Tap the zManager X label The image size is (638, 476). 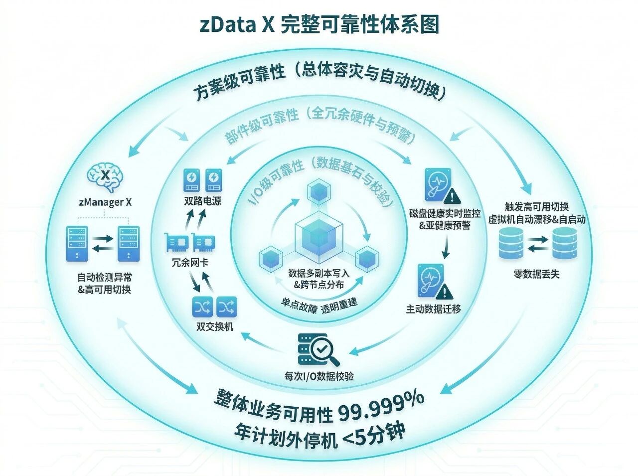point(105,202)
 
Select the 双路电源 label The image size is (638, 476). point(202,201)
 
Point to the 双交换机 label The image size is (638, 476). point(215,327)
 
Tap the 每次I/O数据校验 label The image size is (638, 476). point(319,376)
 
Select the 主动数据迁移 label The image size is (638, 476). point(433,309)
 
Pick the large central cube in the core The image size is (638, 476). point(319,238)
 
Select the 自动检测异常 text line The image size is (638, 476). point(105,277)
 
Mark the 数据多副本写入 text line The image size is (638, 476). point(319,273)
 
